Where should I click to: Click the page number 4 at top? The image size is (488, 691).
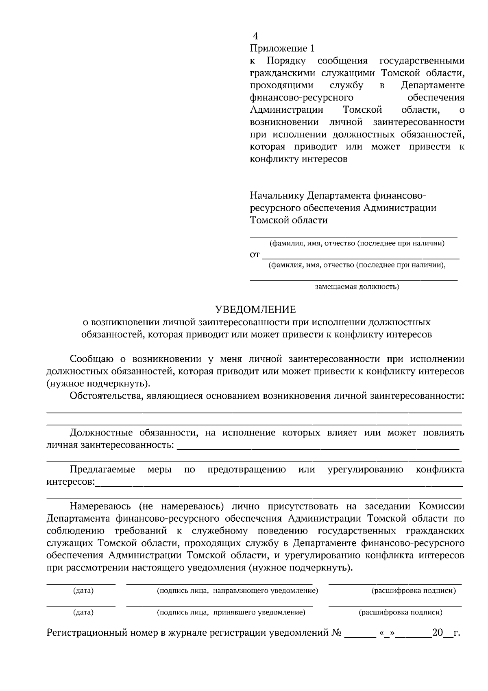click(x=255, y=36)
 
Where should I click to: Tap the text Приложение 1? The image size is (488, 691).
click(x=282, y=49)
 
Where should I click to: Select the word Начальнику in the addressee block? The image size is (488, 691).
click(x=277, y=195)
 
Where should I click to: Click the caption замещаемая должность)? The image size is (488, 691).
click(x=357, y=287)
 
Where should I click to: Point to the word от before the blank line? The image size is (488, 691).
click(x=255, y=255)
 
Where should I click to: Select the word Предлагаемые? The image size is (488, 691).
click(x=102, y=470)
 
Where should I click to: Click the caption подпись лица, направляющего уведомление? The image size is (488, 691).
click(x=237, y=590)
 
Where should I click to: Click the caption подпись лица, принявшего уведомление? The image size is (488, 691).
click(x=231, y=612)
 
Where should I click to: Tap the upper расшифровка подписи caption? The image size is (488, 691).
click(x=414, y=590)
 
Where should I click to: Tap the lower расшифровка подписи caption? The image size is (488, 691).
click(x=400, y=612)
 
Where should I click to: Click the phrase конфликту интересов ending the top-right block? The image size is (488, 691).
click(x=298, y=159)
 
